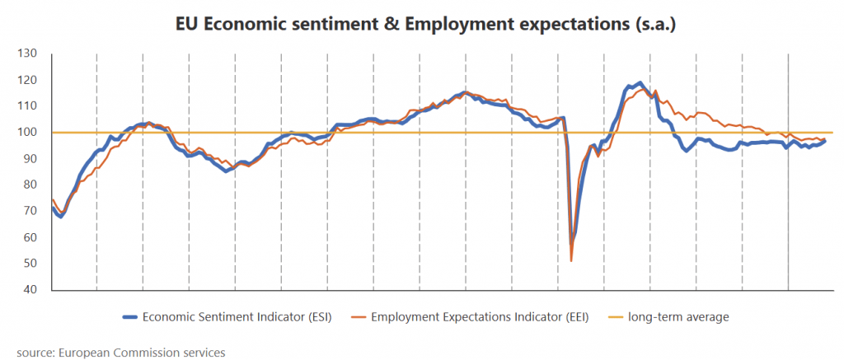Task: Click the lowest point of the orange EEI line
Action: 571,261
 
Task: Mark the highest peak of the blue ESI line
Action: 640,83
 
